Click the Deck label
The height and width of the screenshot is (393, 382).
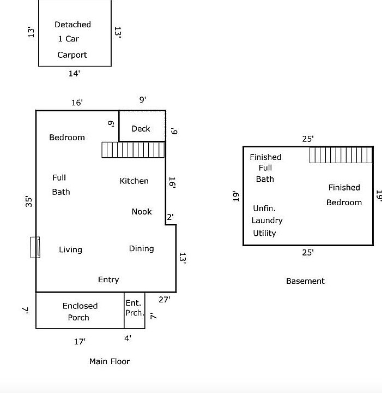coord(141,129)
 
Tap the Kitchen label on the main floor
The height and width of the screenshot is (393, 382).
coord(134,181)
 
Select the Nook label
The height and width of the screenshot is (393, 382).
coord(142,212)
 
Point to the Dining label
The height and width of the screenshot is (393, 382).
coord(141,249)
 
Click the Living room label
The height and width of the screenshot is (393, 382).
coord(70,249)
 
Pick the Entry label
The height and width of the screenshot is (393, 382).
coord(108,279)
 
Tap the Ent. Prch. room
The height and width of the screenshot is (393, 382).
coord(135,310)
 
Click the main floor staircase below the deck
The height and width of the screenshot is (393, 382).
coord(133,150)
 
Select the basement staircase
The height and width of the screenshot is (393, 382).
coord(341,155)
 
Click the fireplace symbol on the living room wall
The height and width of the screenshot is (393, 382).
coord(35,247)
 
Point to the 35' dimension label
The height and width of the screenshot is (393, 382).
coord(29,201)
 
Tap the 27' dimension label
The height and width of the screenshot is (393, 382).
coord(165,300)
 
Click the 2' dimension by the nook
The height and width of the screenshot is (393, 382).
coord(170,217)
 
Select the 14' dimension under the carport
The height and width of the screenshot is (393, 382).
coord(74,74)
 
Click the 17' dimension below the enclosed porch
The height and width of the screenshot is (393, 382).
coord(80,342)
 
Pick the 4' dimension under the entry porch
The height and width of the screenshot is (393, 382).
coord(128,338)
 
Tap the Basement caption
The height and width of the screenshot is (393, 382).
coord(305,281)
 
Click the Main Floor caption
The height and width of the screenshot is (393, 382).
coord(110,361)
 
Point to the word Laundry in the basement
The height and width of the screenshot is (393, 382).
coord(267,221)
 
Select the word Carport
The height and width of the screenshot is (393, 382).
coord(72,55)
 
